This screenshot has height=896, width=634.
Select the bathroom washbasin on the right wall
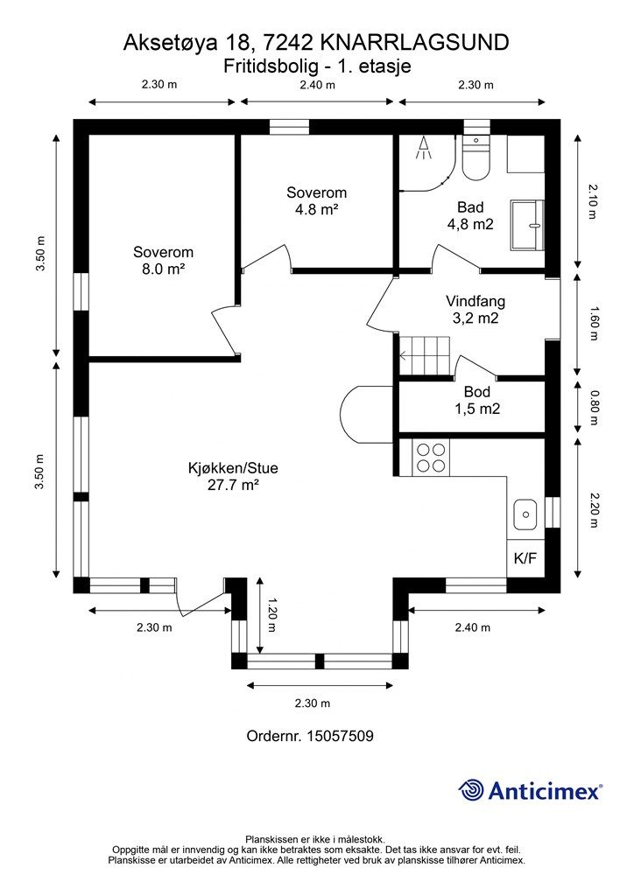(x=528, y=225)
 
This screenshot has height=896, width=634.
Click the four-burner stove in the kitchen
(x=430, y=458)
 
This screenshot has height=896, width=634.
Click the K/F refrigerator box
(x=525, y=557)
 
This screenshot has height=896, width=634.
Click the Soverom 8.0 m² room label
(x=163, y=260)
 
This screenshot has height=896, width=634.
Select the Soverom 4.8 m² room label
(x=316, y=200)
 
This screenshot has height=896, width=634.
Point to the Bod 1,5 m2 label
(x=477, y=400)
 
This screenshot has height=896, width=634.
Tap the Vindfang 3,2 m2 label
(x=475, y=310)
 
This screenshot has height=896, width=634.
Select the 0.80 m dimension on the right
(x=594, y=408)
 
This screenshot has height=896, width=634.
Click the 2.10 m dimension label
(x=594, y=201)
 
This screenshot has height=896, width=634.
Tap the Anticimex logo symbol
(x=472, y=790)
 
